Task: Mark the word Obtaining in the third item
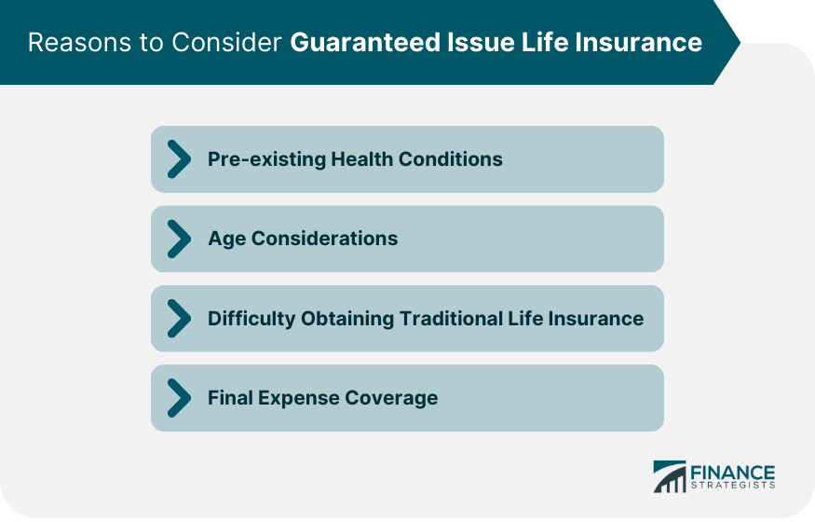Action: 348,319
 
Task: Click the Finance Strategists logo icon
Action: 668,476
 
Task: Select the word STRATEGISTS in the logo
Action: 733,485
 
